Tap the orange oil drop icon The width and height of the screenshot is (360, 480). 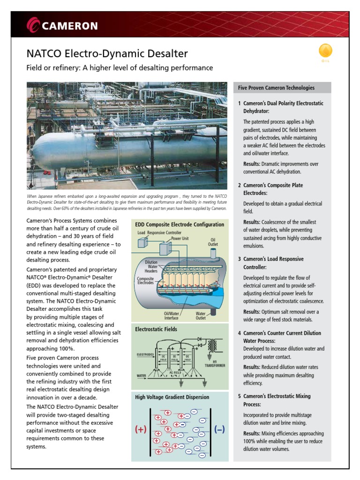coord(325,51)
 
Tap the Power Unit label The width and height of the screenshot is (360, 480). coord(180,238)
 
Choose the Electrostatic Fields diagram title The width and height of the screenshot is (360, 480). coord(156,329)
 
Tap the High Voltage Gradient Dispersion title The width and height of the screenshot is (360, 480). coord(172,397)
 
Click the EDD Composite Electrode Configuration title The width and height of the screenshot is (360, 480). coord(180,225)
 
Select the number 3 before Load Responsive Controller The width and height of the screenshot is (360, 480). coord(239,259)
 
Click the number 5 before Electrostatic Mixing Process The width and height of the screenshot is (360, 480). coord(239,396)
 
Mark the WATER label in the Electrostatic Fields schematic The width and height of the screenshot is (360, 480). coord(142,375)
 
